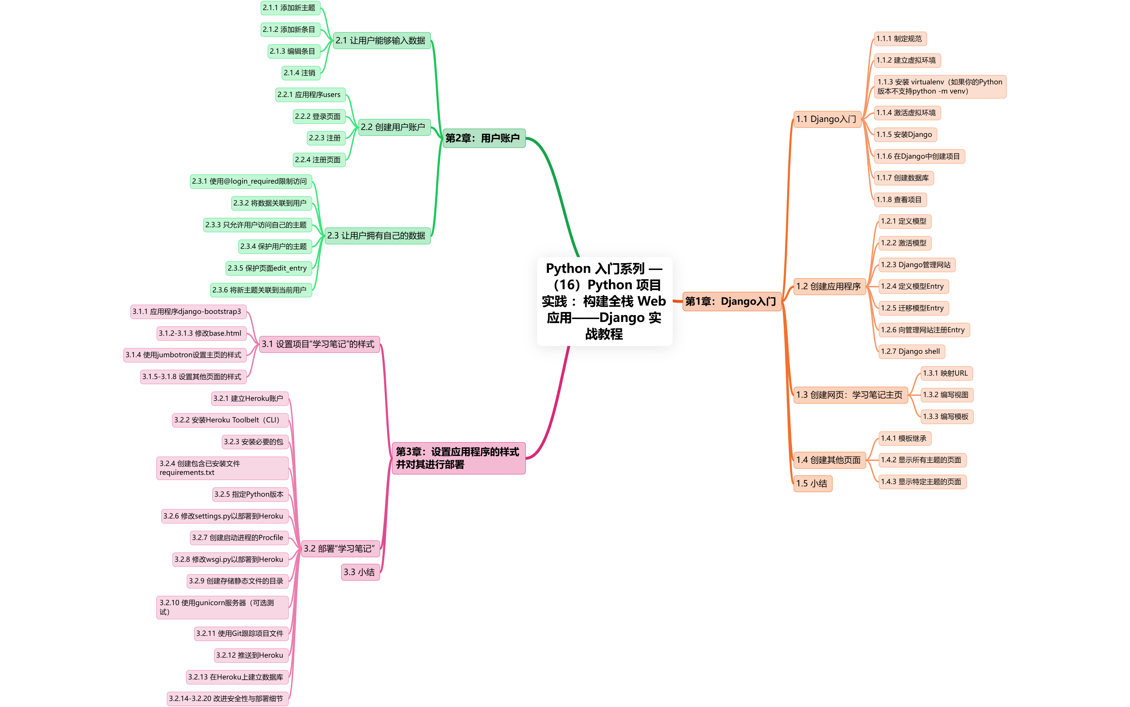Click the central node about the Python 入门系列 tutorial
click(604, 301)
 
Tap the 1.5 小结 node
click(812, 483)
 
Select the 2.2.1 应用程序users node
click(309, 94)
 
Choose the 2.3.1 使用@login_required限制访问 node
click(250, 181)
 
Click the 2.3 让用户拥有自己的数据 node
click(376, 236)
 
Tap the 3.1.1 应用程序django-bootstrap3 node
click(187, 311)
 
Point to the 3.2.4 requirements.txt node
click(222, 468)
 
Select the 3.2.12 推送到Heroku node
click(250, 655)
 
